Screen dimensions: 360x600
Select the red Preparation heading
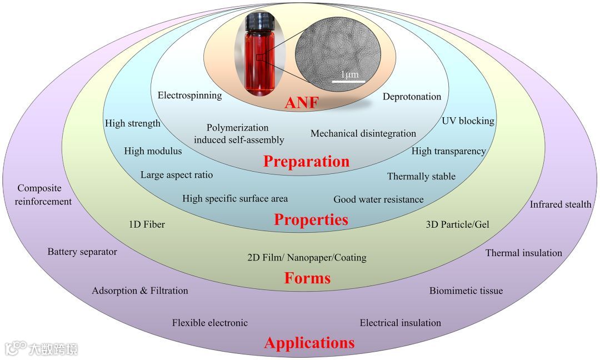click(306, 161)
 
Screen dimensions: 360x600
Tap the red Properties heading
click(311, 219)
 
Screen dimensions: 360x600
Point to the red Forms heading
click(307, 278)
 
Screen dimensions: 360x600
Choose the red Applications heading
click(309, 343)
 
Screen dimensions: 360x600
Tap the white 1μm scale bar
click(348, 82)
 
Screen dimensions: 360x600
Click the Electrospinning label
click(189, 95)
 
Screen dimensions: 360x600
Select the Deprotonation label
click(412, 97)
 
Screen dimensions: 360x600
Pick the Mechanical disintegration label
click(363, 133)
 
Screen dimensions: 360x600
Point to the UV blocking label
click(468, 121)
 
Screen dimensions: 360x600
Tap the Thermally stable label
click(421, 177)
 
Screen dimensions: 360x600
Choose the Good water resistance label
click(378, 199)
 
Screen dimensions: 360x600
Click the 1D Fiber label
click(146, 224)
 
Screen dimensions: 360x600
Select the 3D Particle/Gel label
click(457, 224)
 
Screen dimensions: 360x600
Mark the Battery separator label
click(82, 252)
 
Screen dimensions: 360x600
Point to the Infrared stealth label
click(560, 204)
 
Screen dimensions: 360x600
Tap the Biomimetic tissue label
click(466, 291)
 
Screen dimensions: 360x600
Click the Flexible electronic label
click(209, 323)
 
